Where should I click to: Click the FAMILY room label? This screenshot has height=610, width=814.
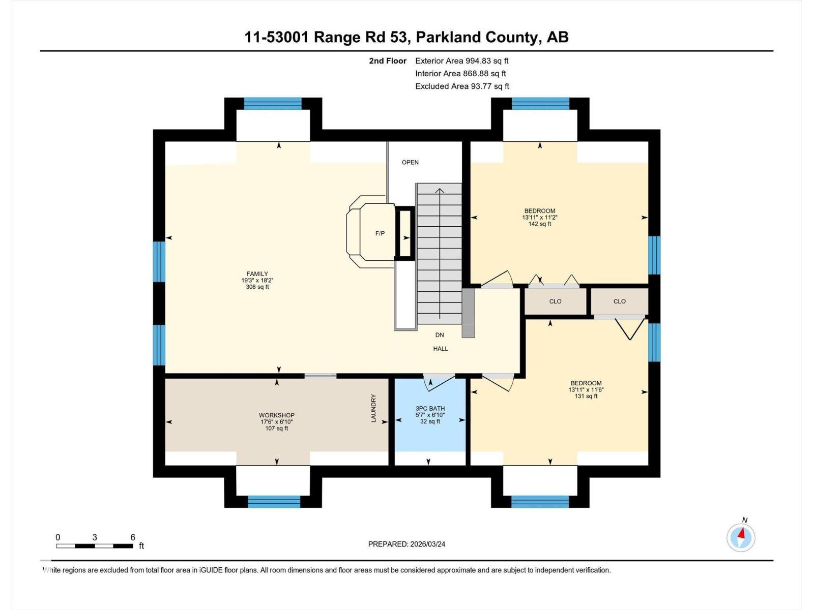[x=257, y=274]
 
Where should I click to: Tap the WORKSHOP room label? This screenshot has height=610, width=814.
[x=276, y=415]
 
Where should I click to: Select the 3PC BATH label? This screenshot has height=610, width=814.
[x=430, y=408]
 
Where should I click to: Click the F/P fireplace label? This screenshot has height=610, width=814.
[x=380, y=233]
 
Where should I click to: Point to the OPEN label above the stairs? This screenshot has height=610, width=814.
[x=410, y=162]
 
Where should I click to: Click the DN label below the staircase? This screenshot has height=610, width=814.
[x=440, y=335]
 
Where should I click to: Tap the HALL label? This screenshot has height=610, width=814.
[x=441, y=349]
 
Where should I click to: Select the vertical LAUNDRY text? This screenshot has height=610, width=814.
[x=373, y=408]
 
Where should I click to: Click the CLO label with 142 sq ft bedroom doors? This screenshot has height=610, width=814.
[x=555, y=301]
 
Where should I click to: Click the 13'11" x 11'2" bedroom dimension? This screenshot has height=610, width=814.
[x=539, y=217]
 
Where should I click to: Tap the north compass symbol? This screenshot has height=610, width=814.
[x=741, y=537]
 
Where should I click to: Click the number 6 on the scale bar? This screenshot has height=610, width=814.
[x=132, y=537]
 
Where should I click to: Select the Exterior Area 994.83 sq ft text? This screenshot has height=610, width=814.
[x=461, y=60]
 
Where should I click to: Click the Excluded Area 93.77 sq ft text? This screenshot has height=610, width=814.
[x=462, y=86]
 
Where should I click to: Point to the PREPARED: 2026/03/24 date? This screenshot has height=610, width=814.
[x=406, y=544]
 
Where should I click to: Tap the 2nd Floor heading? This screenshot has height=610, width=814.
[x=388, y=60]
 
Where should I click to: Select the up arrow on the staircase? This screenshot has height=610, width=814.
[x=440, y=191]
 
